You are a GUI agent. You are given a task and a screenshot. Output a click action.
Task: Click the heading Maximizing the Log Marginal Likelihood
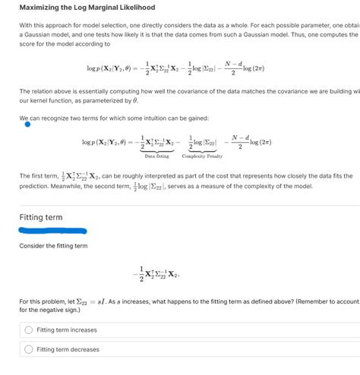[x=87, y=8]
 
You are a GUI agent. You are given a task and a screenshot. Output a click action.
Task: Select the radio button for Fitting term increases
[x=29, y=330]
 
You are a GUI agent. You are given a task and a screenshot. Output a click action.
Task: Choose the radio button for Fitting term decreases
[x=29, y=350]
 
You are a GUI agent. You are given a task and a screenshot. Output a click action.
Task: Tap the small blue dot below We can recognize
[x=28, y=125]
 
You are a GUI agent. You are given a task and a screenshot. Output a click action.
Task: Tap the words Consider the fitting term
[x=53, y=246]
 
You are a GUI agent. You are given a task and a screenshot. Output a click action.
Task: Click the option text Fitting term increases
[x=67, y=330]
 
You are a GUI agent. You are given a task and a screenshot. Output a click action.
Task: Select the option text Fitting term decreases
[x=68, y=350]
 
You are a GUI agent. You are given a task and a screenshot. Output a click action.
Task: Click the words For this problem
[x=43, y=301]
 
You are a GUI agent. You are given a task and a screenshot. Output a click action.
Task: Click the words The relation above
[x=45, y=91]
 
